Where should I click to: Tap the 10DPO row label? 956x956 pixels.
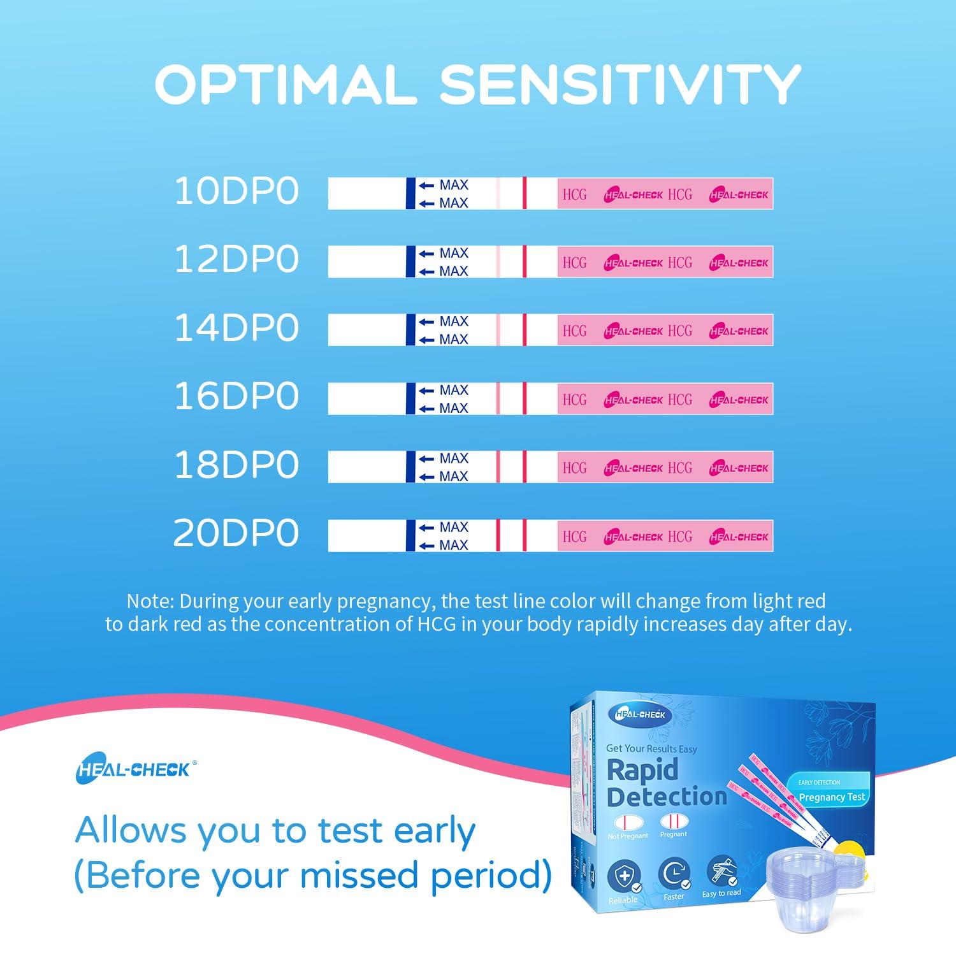[236, 191]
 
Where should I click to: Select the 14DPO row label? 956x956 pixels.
[236, 328]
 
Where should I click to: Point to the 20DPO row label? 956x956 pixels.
[236, 533]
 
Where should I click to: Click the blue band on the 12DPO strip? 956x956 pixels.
[410, 262]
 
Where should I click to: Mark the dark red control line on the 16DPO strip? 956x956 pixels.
[525, 399]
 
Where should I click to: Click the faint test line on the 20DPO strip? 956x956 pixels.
[498, 536]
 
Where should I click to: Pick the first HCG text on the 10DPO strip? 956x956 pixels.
[574, 194]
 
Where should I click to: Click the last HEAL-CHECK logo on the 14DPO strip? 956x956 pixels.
[739, 331]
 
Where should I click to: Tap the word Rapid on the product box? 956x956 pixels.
[642, 770]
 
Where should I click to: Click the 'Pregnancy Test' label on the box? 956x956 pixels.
[832, 797]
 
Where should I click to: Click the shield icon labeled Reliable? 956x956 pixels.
[624, 876]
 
